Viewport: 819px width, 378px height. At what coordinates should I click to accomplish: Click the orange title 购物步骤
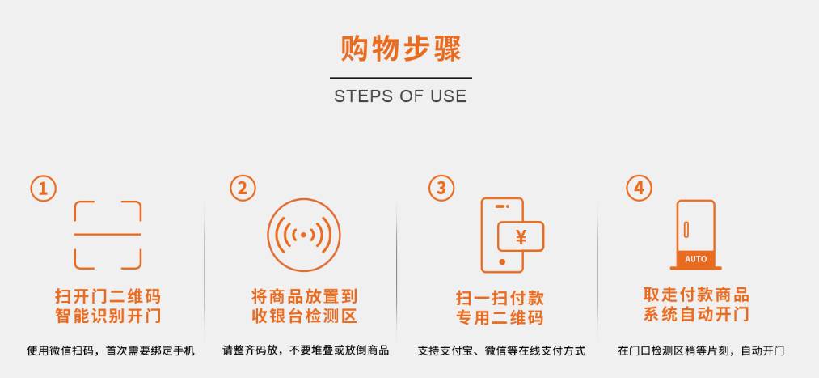[401, 49]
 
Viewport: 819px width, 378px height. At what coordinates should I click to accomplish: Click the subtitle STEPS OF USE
[401, 96]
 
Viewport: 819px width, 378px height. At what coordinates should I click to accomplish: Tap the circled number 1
[44, 189]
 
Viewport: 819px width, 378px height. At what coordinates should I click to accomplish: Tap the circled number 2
[243, 189]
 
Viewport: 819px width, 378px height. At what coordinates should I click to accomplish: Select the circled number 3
[441, 189]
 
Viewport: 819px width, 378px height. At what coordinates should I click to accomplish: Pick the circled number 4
[640, 189]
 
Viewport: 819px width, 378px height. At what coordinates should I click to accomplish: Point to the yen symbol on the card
[521, 237]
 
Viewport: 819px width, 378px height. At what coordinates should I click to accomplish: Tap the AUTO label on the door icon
[696, 259]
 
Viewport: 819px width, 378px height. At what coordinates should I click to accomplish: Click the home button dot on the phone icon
[502, 262]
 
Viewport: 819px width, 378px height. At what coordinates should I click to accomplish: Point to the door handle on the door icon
[686, 230]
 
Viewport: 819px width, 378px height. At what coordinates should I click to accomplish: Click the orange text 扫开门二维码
[108, 296]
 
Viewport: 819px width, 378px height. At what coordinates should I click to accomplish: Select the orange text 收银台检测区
[304, 316]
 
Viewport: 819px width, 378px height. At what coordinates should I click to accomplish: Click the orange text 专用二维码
[500, 317]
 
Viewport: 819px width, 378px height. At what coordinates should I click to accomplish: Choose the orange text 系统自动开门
[696, 314]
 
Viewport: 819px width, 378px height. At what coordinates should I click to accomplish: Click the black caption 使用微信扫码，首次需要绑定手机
[111, 350]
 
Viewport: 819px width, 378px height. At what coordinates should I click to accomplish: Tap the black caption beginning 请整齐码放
[306, 350]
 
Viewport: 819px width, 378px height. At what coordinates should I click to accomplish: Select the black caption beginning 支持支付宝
[501, 350]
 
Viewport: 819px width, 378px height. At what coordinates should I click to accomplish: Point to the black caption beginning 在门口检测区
[701, 350]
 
